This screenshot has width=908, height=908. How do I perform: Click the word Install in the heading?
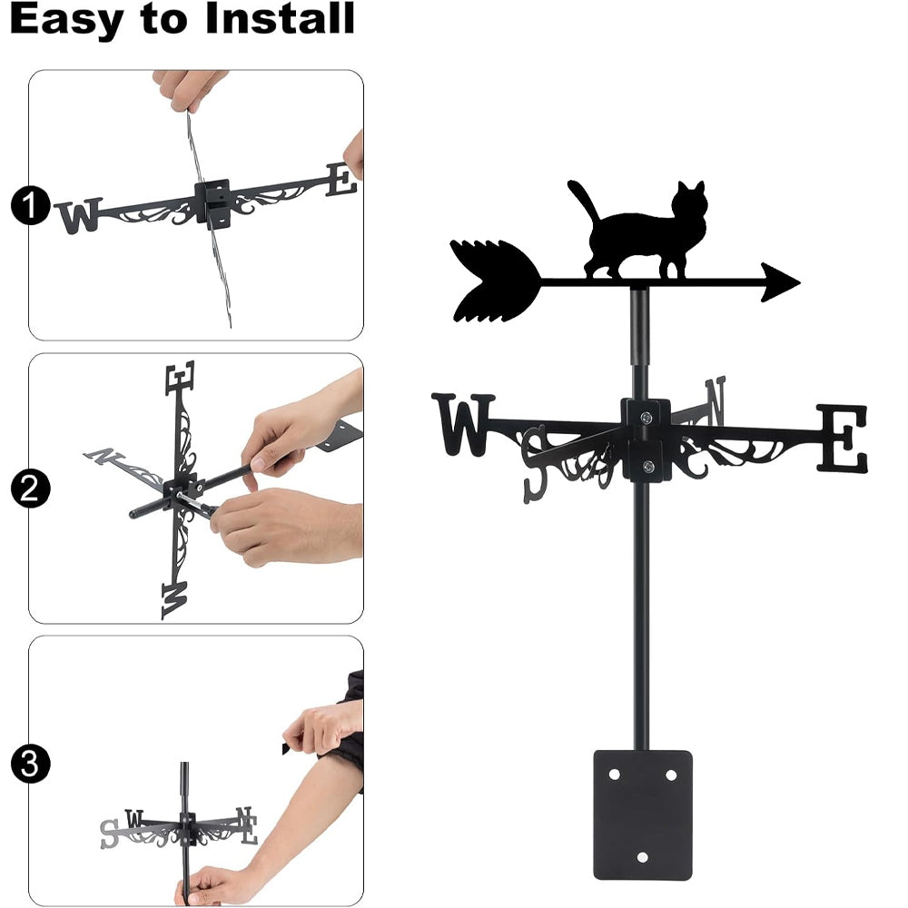tap(281, 18)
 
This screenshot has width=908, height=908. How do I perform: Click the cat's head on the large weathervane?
tap(690, 202)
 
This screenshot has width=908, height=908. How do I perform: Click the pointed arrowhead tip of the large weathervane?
tap(799, 282)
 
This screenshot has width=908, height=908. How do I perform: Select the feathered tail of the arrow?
tap(493, 281)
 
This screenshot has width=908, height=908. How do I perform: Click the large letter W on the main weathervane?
tap(463, 424)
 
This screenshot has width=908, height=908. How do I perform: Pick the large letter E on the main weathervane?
tap(843, 439)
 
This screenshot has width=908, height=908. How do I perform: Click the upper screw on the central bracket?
tap(646, 417)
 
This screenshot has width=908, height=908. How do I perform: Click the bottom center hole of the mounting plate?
tap(642, 857)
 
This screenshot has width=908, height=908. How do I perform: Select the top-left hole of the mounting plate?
tap(614, 775)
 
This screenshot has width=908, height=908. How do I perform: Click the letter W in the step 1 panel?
tap(79, 216)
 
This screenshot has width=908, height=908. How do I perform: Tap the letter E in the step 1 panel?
tap(341, 179)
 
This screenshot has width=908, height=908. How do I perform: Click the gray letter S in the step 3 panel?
tap(109, 834)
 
